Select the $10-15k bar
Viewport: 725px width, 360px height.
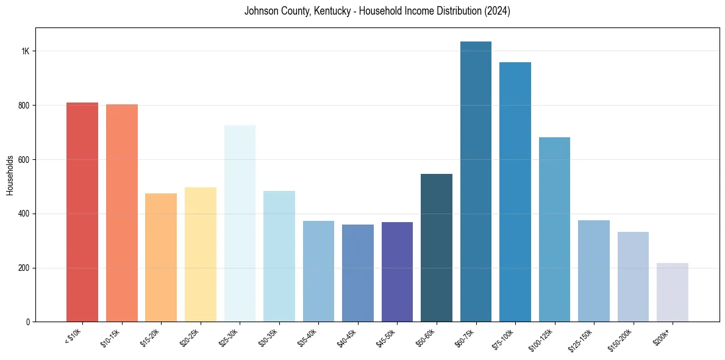(121, 213)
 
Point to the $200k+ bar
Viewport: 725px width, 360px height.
(673, 292)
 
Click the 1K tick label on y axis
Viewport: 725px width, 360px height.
(25, 51)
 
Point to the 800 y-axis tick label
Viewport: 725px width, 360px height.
(23, 106)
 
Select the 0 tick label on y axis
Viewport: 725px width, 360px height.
(27, 322)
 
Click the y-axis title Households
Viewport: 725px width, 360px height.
(10, 175)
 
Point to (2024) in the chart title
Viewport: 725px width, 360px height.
(498, 11)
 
